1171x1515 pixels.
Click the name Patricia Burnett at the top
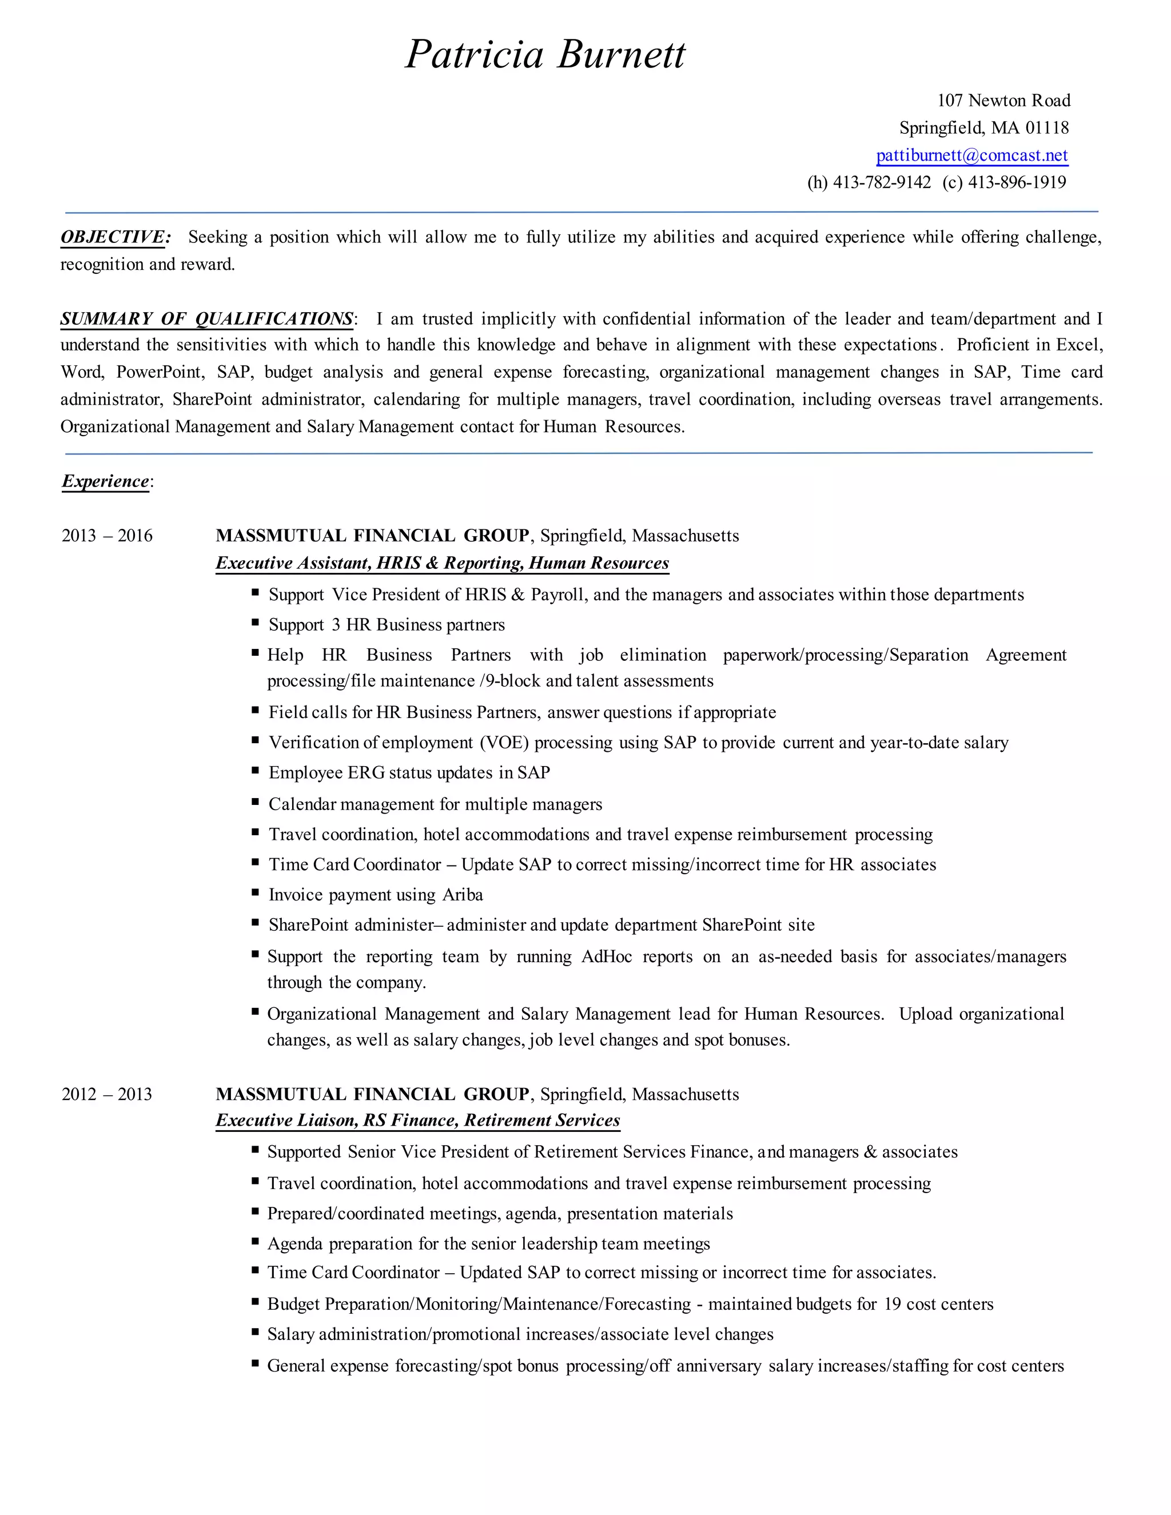coord(545,54)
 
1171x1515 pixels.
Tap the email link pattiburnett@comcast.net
coord(972,156)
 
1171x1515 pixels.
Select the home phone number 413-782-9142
coord(882,182)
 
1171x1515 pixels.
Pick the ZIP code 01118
coord(1047,127)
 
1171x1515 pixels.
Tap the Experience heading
coord(105,481)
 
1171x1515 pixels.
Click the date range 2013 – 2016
coord(107,536)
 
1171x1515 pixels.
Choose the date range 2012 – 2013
coord(107,1094)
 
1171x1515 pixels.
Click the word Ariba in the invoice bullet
coord(463,895)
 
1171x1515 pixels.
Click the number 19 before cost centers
coord(892,1304)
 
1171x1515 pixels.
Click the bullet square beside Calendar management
coord(255,802)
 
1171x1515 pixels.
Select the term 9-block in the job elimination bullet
coord(513,681)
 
